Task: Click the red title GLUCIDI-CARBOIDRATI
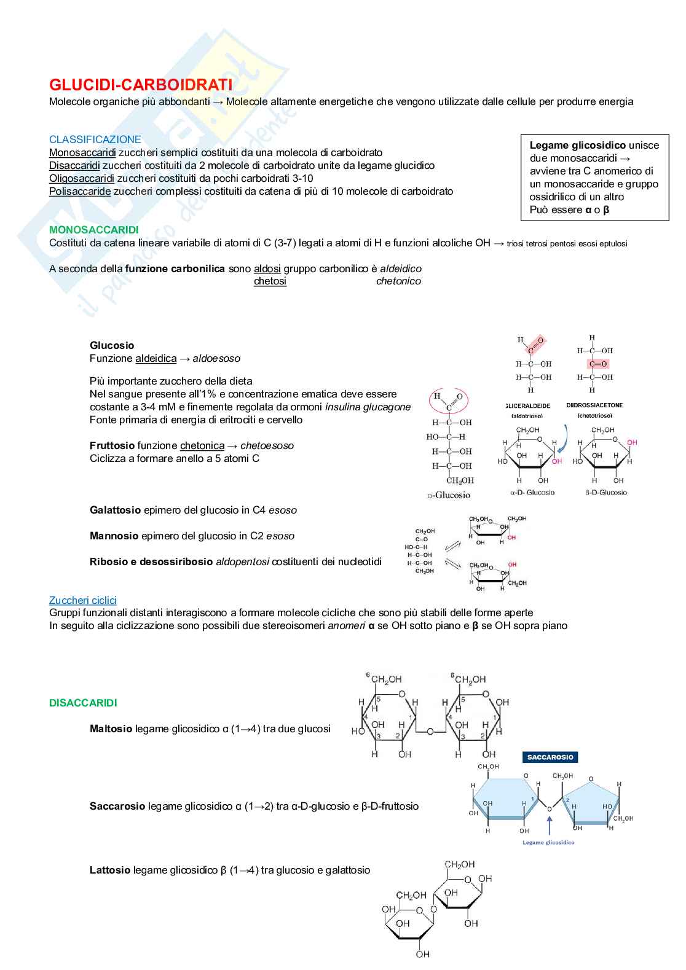141,84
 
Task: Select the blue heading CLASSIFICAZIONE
95,139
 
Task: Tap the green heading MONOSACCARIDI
94,230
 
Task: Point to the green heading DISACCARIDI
83,703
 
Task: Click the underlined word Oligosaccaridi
82,178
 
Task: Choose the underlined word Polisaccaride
80,191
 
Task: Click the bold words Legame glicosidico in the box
577,145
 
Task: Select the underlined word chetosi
270,281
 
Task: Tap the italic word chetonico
398,281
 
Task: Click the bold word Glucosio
112,345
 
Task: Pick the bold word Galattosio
116,510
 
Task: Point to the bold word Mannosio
114,536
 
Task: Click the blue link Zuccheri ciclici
83,600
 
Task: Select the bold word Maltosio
111,729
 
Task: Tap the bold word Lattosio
110,870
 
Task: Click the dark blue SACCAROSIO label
550,757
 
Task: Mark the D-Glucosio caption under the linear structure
449,495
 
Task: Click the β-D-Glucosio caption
606,492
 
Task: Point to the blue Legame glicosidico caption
548,842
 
